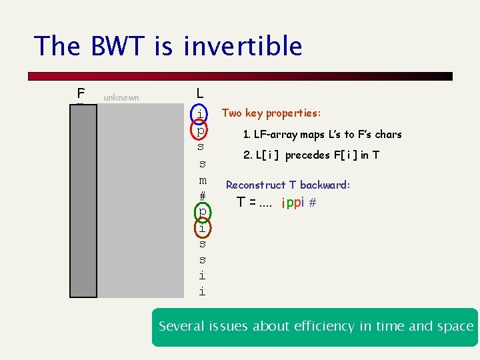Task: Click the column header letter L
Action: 201,95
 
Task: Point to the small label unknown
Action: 121,98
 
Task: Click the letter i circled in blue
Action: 201,114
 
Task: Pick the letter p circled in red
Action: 201,130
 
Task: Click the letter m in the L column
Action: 202,180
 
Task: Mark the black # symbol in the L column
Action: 202,196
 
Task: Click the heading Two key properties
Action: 271,113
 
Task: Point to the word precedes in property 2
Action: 307,155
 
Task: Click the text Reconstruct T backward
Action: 288,185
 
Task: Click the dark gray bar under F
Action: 84,200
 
